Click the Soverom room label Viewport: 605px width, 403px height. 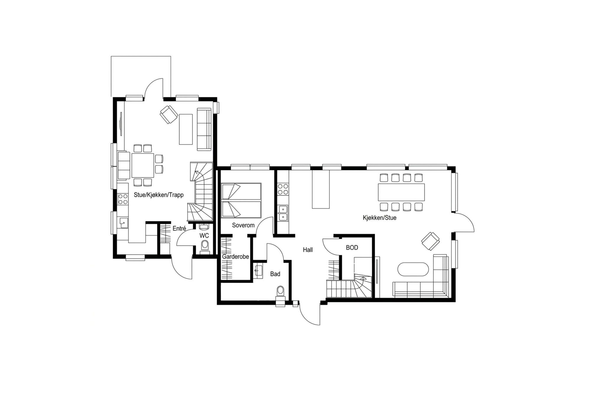243,225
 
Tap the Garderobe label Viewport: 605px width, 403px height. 235,257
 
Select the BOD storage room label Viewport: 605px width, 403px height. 352,248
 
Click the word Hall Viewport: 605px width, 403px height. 308,250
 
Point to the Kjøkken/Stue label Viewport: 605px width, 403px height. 380,218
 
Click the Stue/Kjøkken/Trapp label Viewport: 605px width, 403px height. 159,195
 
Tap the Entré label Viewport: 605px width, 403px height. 179,228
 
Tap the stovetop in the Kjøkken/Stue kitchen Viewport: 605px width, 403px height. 283,189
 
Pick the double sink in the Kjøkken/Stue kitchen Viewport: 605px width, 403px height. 283,213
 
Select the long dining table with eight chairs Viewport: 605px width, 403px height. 401,192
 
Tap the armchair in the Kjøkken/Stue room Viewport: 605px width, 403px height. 430,241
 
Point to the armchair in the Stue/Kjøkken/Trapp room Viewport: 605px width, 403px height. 169,114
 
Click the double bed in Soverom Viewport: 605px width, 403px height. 241,200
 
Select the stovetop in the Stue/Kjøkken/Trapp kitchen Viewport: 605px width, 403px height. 123,199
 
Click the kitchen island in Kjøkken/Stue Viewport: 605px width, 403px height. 321,189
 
